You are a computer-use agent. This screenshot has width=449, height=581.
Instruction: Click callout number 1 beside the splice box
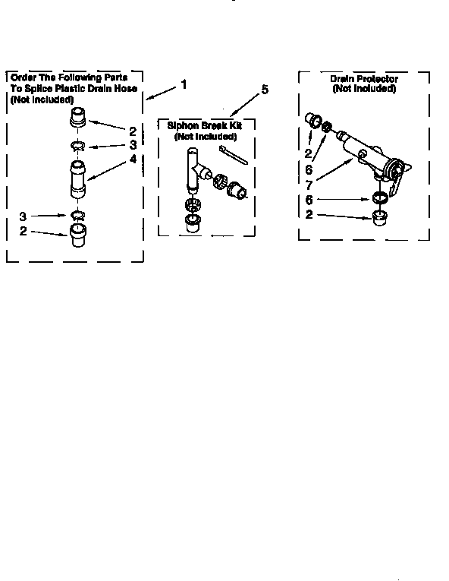[x=183, y=84]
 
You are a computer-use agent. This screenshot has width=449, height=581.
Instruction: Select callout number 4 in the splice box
[x=133, y=159]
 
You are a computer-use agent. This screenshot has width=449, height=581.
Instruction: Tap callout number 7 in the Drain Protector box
[x=309, y=185]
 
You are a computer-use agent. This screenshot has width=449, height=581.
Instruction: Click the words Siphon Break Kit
[x=205, y=126]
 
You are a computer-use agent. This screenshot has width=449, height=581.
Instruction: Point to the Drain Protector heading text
[x=364, y=79]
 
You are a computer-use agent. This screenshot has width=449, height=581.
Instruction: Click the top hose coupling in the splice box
[x=79, y=118]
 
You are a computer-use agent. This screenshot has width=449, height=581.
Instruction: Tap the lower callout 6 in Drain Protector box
[x=309, y=199]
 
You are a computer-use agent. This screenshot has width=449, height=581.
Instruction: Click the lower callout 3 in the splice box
[x=24, y=217]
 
